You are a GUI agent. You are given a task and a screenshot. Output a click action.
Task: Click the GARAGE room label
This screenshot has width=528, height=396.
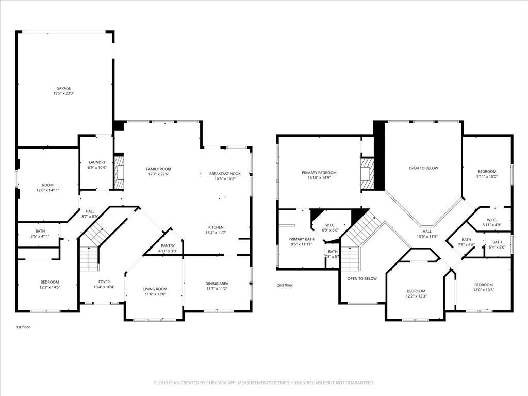coord(63,88)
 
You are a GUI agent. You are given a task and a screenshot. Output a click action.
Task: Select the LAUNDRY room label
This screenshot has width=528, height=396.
coord(97,162)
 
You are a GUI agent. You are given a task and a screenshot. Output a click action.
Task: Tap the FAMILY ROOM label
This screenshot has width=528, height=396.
coord(158,169)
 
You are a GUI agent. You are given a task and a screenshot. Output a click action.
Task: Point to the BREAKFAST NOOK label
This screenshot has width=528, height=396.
coord(225,174)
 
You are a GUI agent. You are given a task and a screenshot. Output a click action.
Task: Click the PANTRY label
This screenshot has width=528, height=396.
coord(168,246)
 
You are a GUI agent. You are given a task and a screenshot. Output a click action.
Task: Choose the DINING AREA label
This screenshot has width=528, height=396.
coord(217,283)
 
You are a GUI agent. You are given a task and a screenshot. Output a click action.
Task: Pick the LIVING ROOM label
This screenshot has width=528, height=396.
coord(155,289)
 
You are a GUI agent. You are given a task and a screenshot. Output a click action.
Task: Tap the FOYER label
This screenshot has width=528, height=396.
coord(104,282)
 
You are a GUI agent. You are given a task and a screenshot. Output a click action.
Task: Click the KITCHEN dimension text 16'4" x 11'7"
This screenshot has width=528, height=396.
coord(217,233)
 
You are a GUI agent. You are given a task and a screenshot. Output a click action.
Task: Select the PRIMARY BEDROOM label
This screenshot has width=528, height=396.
coord(319,173)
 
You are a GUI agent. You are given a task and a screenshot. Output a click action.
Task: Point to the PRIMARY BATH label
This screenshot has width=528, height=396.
coord(301,239)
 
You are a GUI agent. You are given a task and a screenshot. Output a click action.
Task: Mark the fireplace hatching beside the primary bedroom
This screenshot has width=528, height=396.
coord(366,169)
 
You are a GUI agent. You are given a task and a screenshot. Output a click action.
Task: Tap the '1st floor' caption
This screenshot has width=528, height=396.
coord(23,327)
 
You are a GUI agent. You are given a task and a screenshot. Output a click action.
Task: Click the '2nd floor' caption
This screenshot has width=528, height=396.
coord(285,285)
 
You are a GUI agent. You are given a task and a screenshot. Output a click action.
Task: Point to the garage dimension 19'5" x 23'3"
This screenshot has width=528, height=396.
coord(63,93)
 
